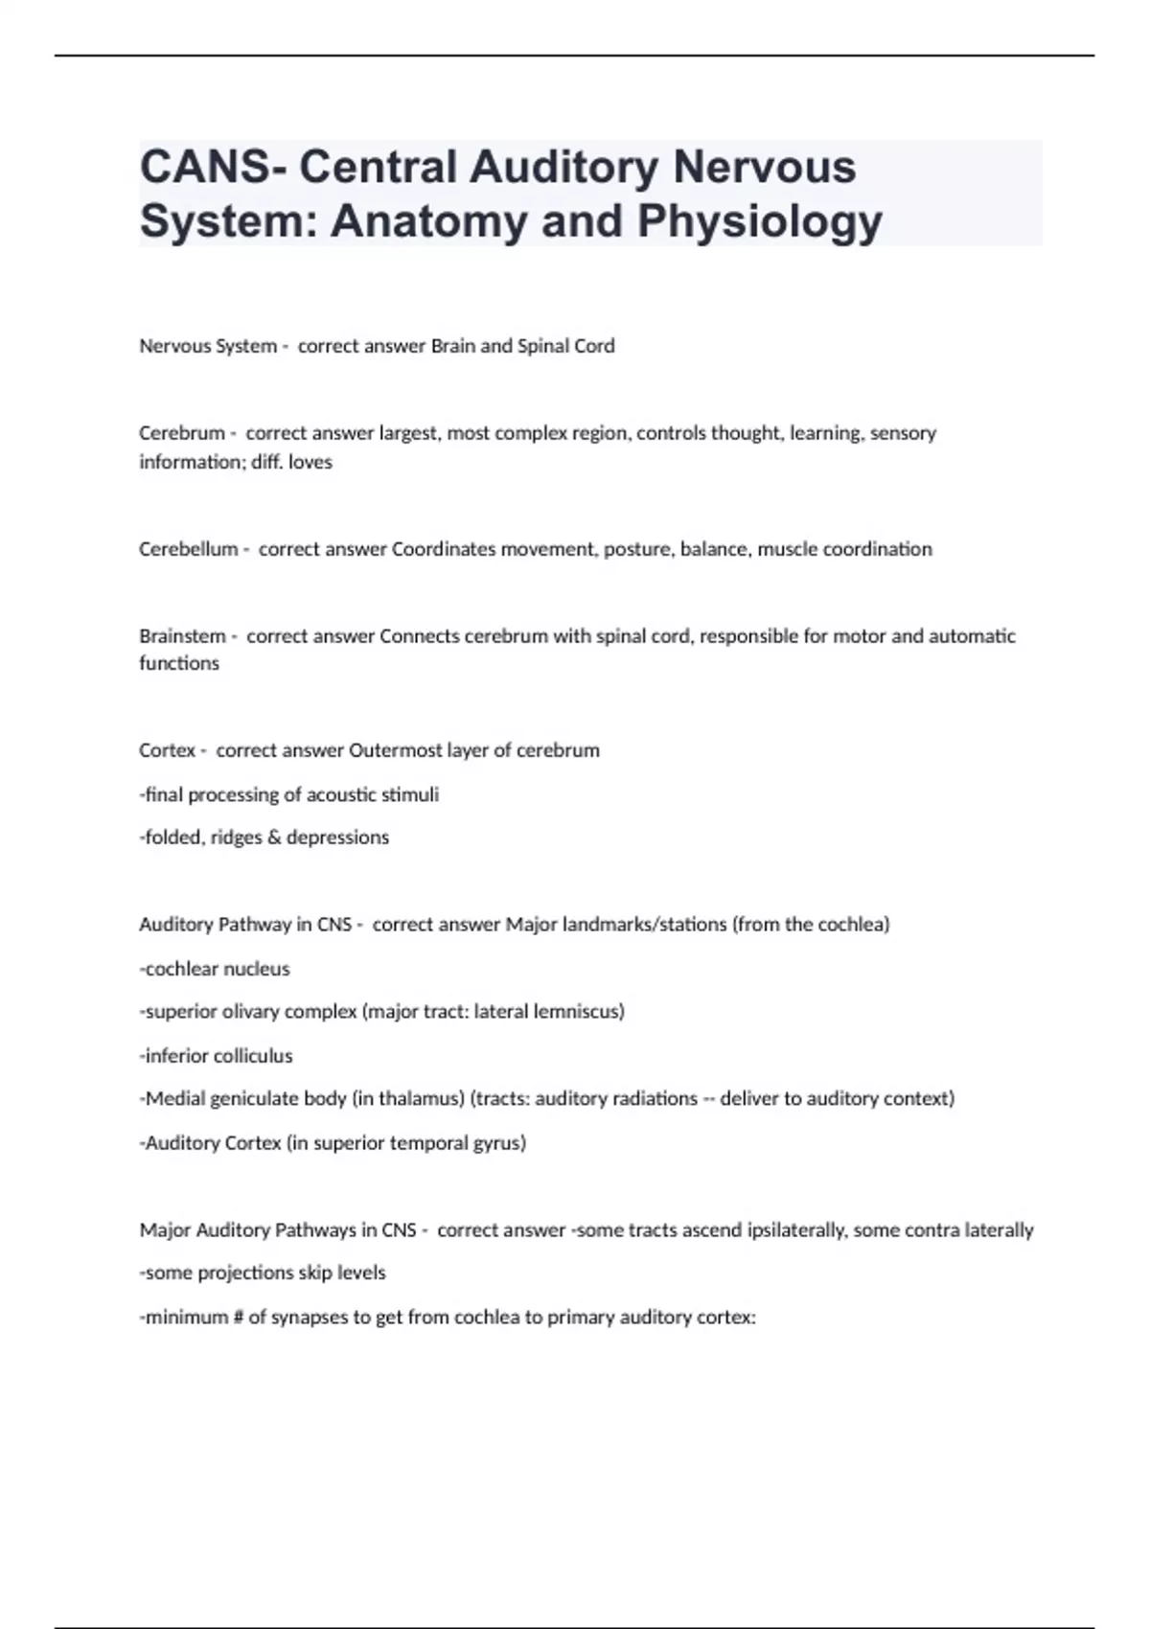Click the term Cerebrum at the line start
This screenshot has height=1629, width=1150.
point(181,433)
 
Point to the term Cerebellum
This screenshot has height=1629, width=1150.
point(188,549)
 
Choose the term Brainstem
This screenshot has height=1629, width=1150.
point(182,636)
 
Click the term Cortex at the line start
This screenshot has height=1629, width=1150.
point(167,750)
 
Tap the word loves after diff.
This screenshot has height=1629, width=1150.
point(310,462)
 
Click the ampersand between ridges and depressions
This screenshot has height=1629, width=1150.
point(274,837)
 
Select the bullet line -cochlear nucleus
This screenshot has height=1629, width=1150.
point(215,969)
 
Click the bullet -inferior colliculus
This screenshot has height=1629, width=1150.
point(217,1056)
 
